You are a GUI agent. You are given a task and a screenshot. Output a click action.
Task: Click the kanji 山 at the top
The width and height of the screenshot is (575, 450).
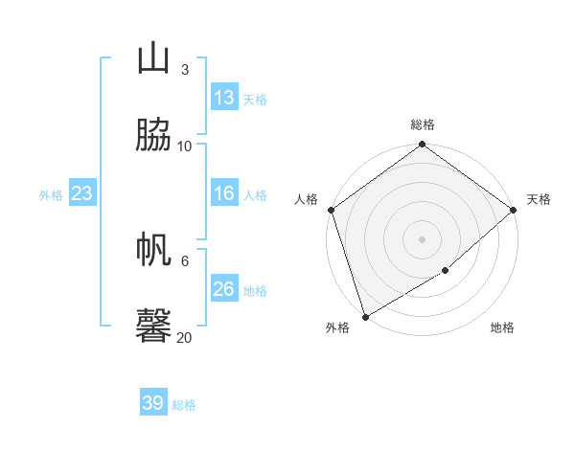[153, 58]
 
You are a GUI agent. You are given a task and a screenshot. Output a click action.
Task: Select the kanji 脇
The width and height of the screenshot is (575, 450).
[153, 135]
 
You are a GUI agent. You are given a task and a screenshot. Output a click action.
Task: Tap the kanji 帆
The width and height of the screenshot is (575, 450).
[153, 250]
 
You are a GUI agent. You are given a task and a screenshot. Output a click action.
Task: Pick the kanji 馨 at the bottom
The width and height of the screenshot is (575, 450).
[153, 326]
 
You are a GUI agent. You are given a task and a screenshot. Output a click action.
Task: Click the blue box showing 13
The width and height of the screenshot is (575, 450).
[224, 98]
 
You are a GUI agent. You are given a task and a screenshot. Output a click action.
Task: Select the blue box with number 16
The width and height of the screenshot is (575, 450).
[224, 193]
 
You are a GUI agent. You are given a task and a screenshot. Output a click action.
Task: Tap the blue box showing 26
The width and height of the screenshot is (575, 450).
[224, 289]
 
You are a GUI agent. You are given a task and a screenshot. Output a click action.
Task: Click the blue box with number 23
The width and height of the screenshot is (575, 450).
[82, 193]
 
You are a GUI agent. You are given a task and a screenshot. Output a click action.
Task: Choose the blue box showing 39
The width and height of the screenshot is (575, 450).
[153, 403]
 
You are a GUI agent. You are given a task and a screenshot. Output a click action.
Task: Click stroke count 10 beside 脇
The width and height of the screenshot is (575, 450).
[185, 146]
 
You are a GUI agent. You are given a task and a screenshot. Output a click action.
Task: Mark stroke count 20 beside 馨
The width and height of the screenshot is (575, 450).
[185, 337]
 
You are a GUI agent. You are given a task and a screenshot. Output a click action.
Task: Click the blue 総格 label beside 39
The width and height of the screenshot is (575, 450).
[185, 405]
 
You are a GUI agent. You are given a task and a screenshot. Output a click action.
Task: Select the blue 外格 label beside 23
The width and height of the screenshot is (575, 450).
[51, 195]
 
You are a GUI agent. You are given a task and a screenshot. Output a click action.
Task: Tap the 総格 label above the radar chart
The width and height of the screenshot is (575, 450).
[423, 124]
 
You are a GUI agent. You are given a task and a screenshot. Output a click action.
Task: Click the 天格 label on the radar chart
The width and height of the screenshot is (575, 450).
[539, 199]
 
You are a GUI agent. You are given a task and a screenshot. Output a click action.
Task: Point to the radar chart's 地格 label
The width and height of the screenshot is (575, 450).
[502, 328]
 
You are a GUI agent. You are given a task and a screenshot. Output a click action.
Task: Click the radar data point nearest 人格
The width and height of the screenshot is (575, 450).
[331, 210]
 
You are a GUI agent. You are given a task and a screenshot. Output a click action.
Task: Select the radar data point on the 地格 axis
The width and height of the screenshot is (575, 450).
[446, 271]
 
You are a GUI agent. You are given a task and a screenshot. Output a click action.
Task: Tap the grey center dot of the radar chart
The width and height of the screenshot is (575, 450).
[423, 239]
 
